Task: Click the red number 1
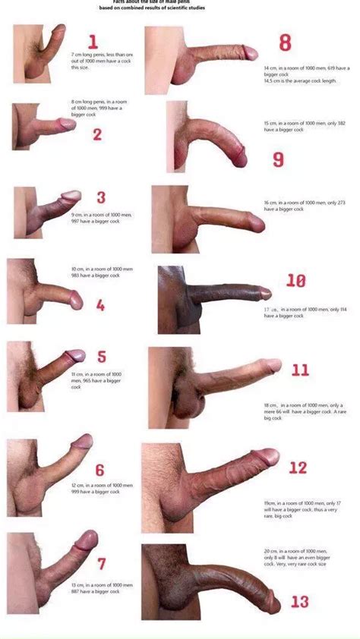point(93,42)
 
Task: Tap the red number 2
point(97,135)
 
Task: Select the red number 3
point(101,198)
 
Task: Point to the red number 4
point(101,306)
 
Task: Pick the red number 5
point(102,356)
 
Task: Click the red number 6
point(99,471)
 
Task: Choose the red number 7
point(102,564)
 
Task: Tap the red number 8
point(286,42)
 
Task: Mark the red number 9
point(278,159)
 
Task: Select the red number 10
point(295,281)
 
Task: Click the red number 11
point(300,370)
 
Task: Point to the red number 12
point(297,467)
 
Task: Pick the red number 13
point(300,602)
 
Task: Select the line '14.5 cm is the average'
point(288,82)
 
